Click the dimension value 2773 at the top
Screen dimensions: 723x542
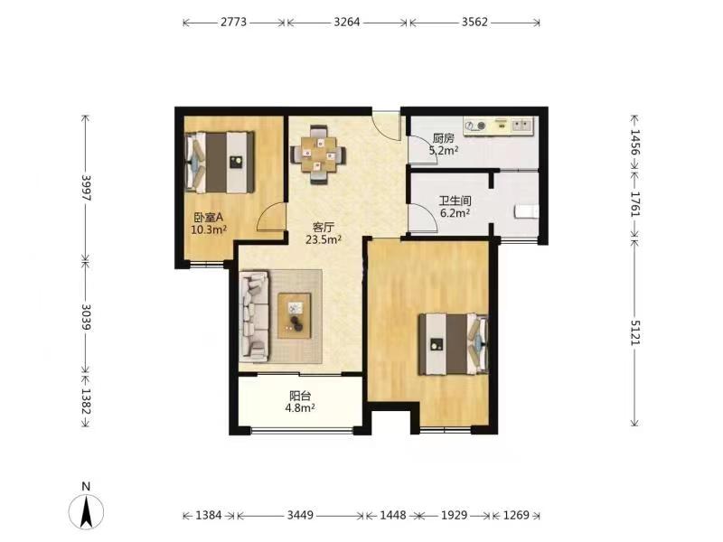[233, 22]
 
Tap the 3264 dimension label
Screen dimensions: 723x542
[347, 22]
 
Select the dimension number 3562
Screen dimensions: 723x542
[474, 22]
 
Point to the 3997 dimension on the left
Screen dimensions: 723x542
[86, 188]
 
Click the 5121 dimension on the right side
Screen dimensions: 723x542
[636, 332]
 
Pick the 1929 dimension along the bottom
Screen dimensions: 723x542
[455, 515]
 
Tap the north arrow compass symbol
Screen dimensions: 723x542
[86, 507]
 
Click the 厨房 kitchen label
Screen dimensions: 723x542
[443, 138]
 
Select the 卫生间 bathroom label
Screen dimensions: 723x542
[455, 201]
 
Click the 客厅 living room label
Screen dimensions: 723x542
[324, 228]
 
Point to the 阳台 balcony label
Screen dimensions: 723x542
[300, 396]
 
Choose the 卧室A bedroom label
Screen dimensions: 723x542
[209, 217]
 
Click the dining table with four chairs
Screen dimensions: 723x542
[318, 154]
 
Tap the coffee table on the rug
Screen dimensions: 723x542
[295, 315]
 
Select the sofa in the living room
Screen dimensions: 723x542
[254, 315]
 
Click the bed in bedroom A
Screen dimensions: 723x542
[220, 163]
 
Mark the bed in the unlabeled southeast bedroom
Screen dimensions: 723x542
[454, 344]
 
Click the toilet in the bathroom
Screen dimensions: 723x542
[526, 211]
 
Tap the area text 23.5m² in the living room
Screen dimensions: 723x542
[324, 239]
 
